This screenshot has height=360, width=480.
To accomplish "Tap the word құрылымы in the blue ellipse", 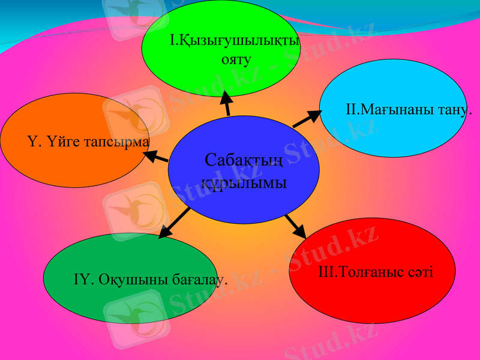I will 243,183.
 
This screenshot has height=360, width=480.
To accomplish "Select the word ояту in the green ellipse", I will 235,60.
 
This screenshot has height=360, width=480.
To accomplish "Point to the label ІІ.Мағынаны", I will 376,110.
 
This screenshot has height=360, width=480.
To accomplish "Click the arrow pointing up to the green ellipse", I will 226,103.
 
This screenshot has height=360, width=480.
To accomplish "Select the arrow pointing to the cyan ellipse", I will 307,119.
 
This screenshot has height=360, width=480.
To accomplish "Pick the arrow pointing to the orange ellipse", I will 156,157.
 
